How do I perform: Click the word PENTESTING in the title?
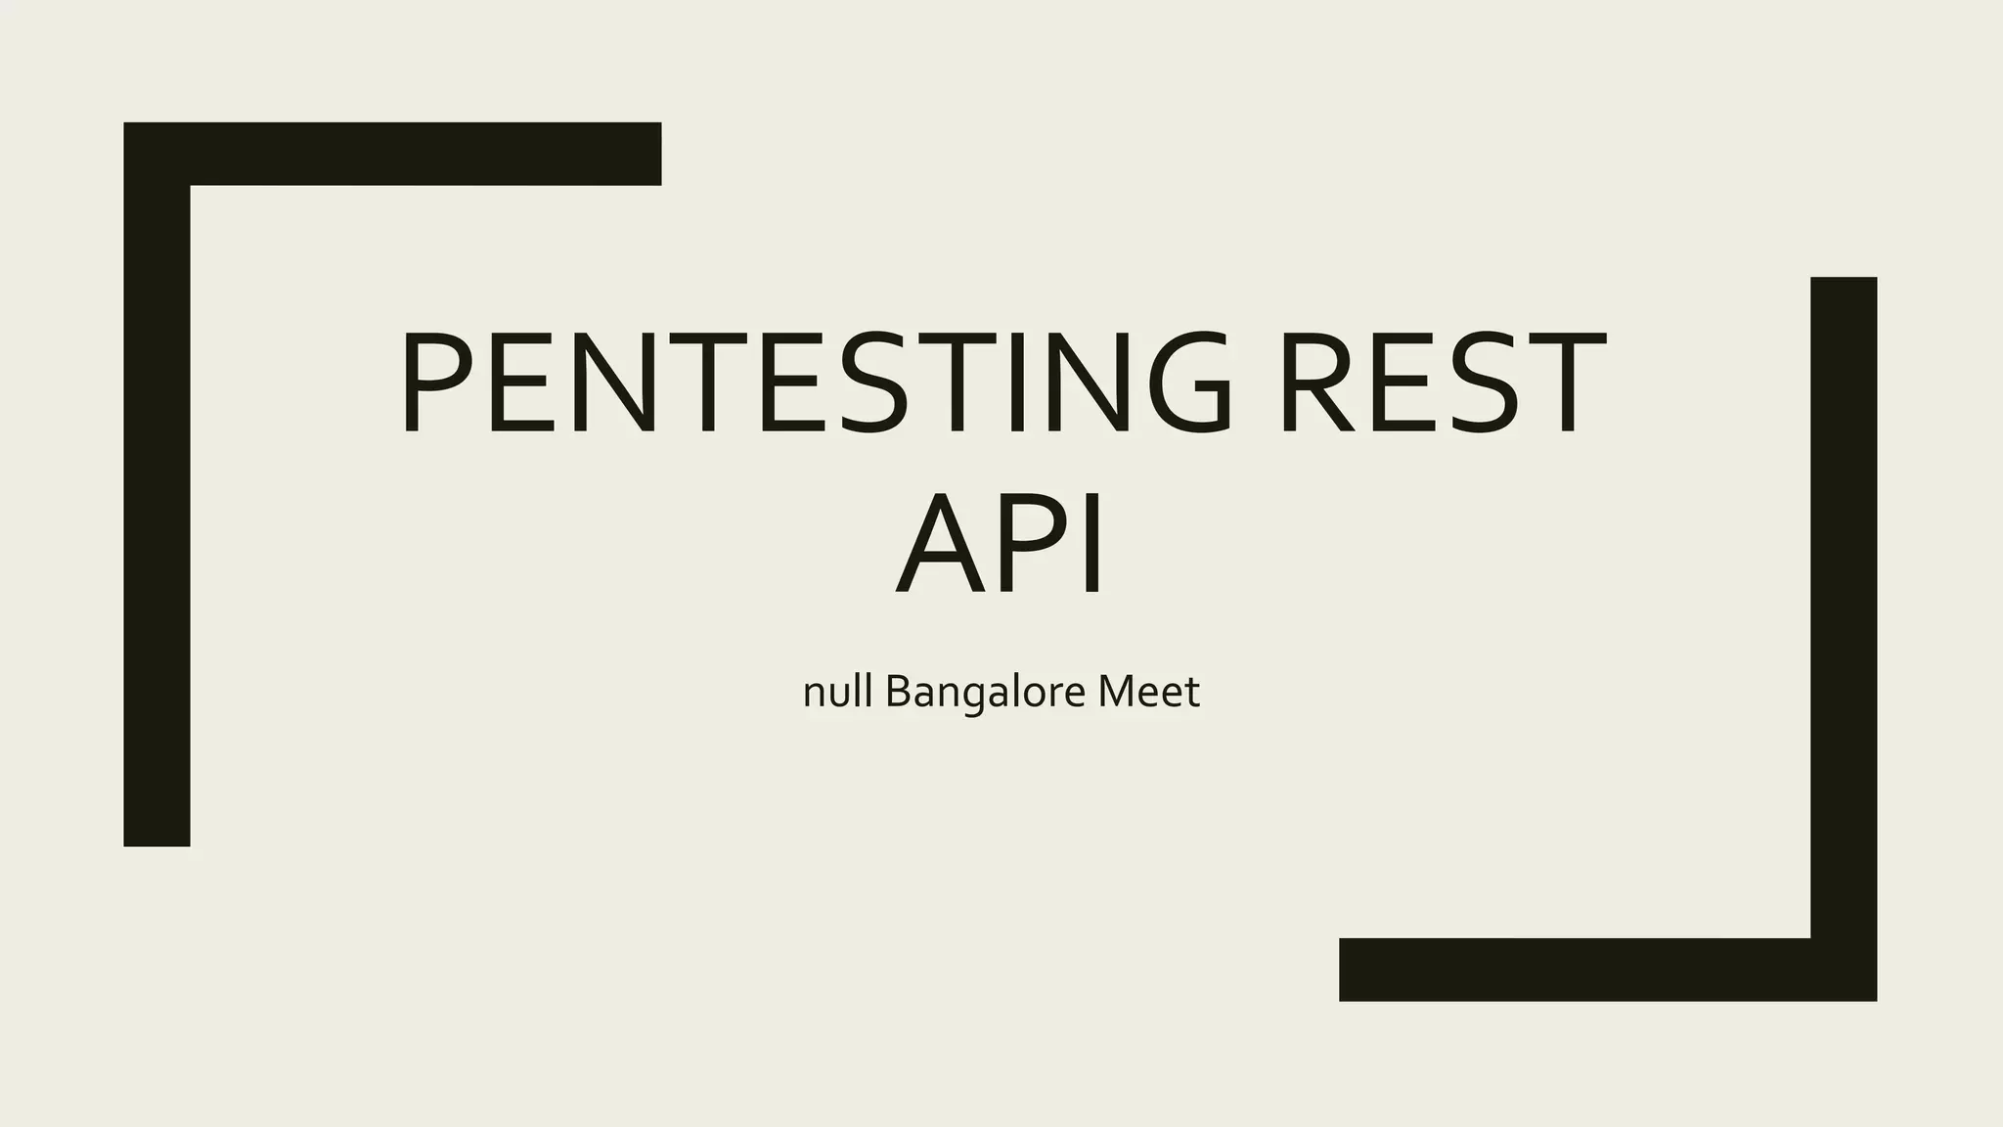(x=817, y=383)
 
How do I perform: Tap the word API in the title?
(x=1001, y=544)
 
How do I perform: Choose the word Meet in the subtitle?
(x=1148, y=693)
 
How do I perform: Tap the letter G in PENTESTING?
(x=1181, y=383)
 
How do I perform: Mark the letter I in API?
(x=1093, y=544)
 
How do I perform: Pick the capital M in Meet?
(x=1117, y=692)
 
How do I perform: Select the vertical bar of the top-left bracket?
(x=156, y=509)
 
